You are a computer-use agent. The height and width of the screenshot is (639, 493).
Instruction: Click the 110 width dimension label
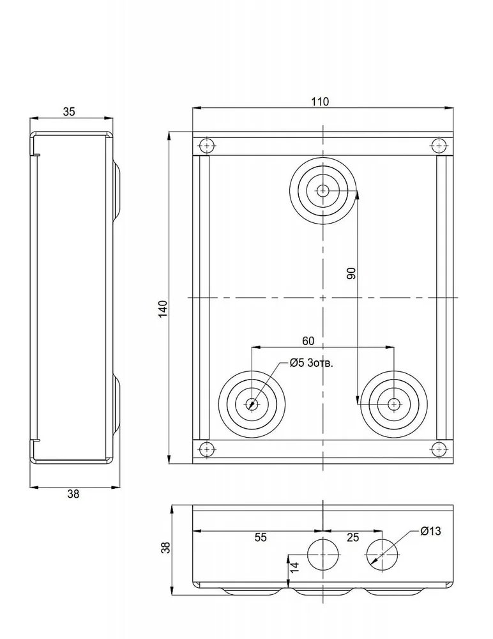320,102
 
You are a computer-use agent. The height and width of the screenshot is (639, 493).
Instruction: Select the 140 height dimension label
163,309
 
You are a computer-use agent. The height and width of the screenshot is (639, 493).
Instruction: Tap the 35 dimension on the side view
69,112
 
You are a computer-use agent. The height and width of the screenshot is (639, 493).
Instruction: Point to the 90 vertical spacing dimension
351,273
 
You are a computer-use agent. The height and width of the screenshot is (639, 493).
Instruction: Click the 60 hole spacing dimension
308,341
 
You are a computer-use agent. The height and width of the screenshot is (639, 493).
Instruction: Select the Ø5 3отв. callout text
311,363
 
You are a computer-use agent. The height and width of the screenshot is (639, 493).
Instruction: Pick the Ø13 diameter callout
430,531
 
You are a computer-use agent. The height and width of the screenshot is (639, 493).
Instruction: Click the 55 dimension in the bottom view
261,537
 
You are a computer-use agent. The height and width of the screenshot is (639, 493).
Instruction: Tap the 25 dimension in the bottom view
353,537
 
